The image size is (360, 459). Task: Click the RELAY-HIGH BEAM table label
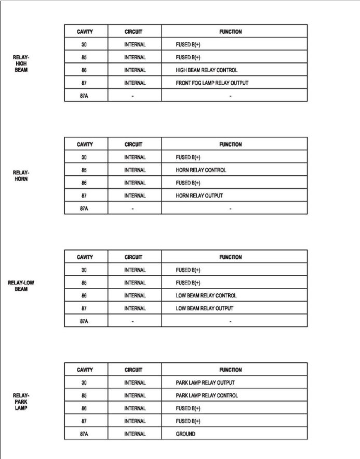21,63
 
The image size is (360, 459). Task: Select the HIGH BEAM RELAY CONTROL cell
206,70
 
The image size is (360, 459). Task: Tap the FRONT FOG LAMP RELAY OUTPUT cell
212,83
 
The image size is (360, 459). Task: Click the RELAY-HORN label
21,176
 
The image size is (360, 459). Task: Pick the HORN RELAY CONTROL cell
201,170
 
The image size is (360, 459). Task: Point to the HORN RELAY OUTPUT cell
199,196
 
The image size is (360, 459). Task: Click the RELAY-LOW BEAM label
21,286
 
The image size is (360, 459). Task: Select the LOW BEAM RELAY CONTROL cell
206,296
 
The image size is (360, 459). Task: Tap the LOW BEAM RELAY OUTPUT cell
205,309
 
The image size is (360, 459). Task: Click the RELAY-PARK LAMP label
21,401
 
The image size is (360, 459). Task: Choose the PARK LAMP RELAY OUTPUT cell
205,383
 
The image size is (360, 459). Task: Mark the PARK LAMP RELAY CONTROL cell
207,396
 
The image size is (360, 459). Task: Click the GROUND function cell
185,434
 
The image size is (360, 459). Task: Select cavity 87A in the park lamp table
84,434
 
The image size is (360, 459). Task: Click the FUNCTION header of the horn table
230,145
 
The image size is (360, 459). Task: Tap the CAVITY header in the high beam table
85,32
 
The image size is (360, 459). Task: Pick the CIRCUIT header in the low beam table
134,257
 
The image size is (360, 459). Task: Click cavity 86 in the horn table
84,183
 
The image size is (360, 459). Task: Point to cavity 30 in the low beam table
84,270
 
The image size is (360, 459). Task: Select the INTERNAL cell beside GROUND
135,434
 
